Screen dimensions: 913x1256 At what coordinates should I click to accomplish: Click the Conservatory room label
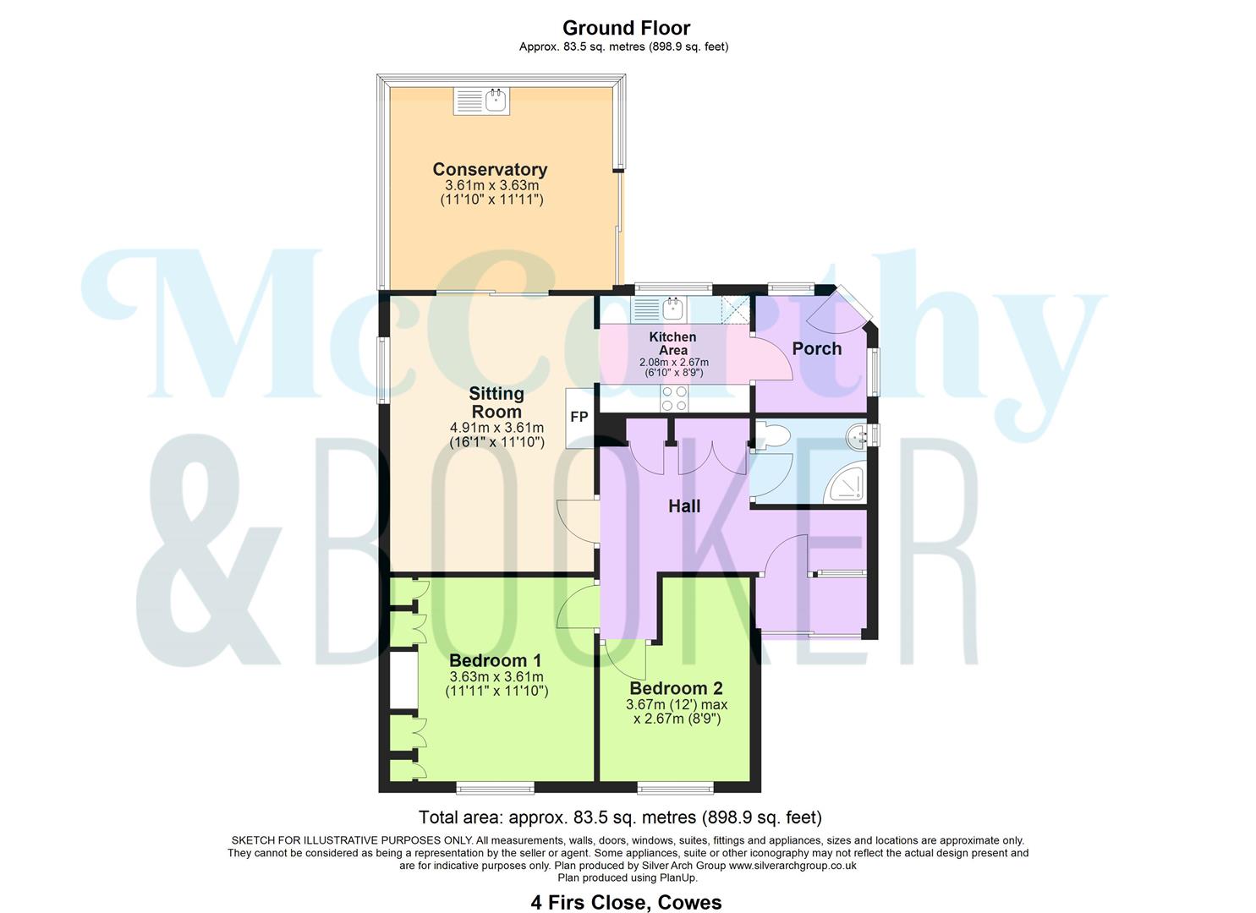490,169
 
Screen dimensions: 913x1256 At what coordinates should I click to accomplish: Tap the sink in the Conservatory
482,101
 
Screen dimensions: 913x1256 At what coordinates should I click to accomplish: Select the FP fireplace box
579,417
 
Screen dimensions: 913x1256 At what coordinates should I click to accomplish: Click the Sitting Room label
496,402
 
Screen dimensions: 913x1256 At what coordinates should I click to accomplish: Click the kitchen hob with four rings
674,398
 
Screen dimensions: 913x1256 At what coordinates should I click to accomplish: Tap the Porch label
816,348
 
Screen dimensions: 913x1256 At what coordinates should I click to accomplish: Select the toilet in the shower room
771,436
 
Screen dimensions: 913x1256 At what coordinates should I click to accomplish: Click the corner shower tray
847,484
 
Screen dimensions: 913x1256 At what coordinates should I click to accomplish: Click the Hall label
684,506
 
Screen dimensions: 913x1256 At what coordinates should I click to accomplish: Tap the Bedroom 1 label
496,660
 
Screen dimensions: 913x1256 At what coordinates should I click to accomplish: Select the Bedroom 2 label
676,688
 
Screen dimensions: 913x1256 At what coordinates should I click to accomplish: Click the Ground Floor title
626,28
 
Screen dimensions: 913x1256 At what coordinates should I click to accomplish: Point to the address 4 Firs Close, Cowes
626,902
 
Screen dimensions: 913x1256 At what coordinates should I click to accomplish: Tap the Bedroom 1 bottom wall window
495,788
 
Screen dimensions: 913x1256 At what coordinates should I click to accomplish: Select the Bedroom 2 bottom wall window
675,788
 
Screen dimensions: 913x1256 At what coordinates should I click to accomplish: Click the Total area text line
620,817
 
